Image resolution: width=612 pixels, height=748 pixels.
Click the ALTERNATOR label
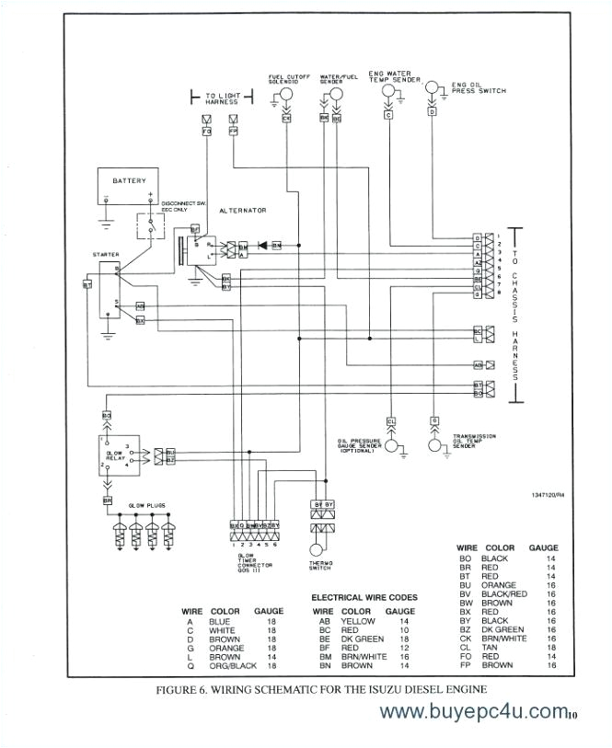[x=243, y=211]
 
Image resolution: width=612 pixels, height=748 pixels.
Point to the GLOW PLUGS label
[x=147, y=505]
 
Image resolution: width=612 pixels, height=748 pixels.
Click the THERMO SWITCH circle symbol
[x=321, y=547]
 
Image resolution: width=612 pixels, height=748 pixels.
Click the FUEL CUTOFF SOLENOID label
[x=286, y=78]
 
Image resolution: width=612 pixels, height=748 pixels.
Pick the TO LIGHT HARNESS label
[x=221, y=98]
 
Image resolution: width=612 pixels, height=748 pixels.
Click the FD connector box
[x=206, y=131]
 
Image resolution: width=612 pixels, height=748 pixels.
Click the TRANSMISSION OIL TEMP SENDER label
[x=475, y=441]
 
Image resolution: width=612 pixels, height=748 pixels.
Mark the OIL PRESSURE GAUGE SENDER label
[x=359, y=445]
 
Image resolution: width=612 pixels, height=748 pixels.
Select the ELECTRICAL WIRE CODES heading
[x=364, y=597]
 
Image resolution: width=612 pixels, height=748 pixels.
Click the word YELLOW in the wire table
[x=358, y=621]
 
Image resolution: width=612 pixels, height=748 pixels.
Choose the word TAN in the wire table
[x=495, y=647]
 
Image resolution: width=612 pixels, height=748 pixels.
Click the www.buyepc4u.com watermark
[x=472, y=712]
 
